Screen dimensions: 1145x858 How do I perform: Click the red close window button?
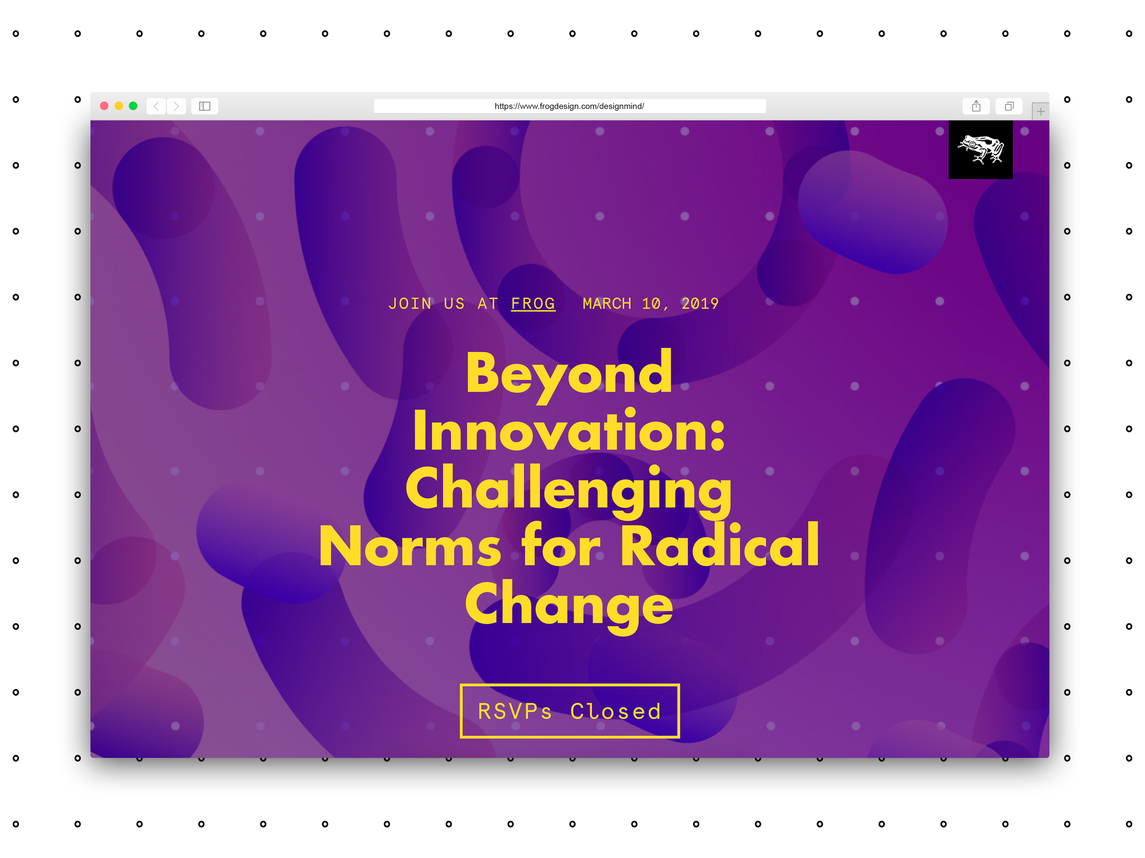pyautogui.click(x=104, y=106)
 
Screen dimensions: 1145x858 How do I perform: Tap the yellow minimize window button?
pyautogui.click(x=119, y=106)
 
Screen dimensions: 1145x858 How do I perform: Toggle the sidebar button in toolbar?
pyautogui.click(x=204, y=106)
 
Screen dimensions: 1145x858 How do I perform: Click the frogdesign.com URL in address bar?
pyautogui.click(x=569, y=106)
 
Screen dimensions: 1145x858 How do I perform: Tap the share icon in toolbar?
pyautogui.click(x=976, y=106)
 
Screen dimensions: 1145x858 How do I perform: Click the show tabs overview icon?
pyautogui.click(x=1009, y=106)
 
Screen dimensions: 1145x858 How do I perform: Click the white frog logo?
pyautogui.click(x=980, y=150)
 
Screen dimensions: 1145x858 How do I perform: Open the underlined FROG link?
pyautogui.click(x=533, y=303)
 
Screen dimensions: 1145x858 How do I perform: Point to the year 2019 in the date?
pyautogui.click(x=700, y=303)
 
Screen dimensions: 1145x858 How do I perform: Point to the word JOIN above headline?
pyautogui.click(x=410, y=303)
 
